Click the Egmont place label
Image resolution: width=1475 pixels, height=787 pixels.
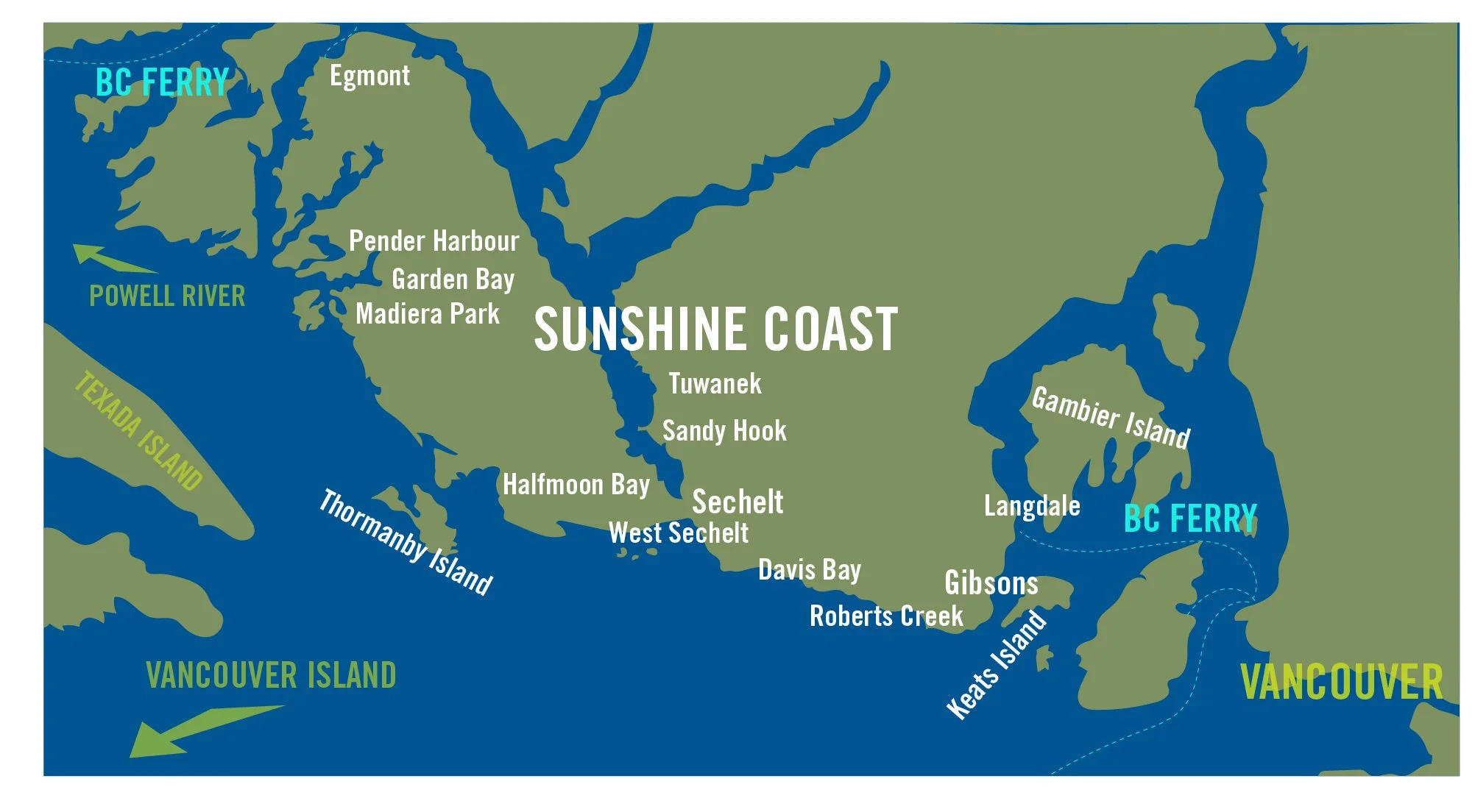pyautogui.click(x=369, y=76)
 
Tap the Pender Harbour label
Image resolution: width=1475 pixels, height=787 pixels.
pyautogui.click(x=434, y=241)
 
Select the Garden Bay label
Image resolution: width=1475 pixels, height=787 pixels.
pyautogui.click(x=453, y=279)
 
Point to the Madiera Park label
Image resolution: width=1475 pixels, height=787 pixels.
pyautogui.click(x=428, y=314)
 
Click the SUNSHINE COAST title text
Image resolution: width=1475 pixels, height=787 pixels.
pyautogui.click(x=715, y=329)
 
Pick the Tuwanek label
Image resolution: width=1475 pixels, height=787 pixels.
pyautogui.click(x=715, y=384)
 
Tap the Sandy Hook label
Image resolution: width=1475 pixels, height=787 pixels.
pyautogui.click(x=724, y=431)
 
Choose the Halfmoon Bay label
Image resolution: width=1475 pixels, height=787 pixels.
pyautogui.click(x=576, y=485)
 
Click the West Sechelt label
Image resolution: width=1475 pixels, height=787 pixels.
pyautogui.click(x=678, y=533)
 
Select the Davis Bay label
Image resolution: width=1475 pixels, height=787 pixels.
pyautogui.click(x=810, y=570)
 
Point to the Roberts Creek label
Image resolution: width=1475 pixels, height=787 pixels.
pyautogui.click(x=886, y=616)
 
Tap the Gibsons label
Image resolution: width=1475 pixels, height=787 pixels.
pyautogui.click(x=991, y=583)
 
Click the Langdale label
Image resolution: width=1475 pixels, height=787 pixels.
pyautogui.click(x=1032, y=506)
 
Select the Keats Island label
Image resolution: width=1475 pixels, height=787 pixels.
pyautogui.click(x=997, y=664)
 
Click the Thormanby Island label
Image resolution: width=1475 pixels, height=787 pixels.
pyautogui.click(x=406, y=541)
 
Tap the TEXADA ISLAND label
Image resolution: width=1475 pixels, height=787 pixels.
pyautogui.click(x=138, y=430)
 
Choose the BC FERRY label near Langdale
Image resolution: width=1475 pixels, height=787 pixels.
pyautogui.click(x=1190, y=519)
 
